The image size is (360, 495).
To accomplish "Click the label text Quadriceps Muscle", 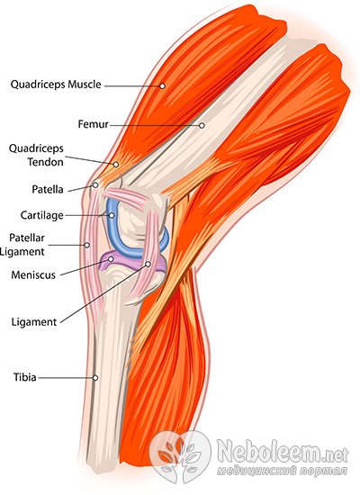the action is coord(56,85).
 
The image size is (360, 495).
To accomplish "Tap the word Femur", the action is coord(94,124).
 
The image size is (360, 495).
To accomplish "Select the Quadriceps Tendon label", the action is coord(36,155).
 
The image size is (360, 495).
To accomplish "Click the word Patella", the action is coord(48,189).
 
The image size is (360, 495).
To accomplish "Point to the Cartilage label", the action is coord(42,216).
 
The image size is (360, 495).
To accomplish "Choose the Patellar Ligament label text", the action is coord(22,245).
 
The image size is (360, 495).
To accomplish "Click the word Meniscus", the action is coord(33,275).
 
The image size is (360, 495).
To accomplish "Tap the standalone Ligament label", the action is coord(34,322).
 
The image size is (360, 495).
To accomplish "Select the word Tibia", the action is coord(24,377).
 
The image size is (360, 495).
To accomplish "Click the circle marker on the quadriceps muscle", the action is coord(162,85).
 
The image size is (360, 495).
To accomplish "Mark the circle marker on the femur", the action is coord(202,125).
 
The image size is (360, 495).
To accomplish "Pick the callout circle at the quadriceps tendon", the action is coord(116,165).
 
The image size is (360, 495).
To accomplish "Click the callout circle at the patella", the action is coord(95,185).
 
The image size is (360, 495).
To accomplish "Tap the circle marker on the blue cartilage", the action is coord(112,215).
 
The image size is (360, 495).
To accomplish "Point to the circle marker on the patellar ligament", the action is coord(86,245).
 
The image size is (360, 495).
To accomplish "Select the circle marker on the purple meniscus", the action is coord(111,259).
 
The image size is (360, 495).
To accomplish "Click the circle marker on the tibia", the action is coord(95,378).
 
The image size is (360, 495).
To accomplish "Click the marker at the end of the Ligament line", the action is coord(148,264).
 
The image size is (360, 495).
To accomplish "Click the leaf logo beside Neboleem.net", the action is coord(179,457).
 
